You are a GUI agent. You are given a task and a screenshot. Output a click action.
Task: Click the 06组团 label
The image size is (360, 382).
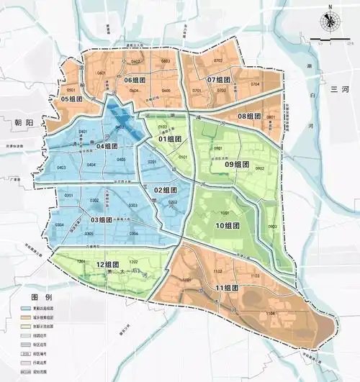(136, 80)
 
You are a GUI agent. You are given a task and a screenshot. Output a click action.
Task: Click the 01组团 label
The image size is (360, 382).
(169, 139)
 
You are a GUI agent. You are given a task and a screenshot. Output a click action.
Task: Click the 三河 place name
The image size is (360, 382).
(339, 89)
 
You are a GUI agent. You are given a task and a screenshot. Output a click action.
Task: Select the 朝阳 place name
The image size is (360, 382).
(24, 123)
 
